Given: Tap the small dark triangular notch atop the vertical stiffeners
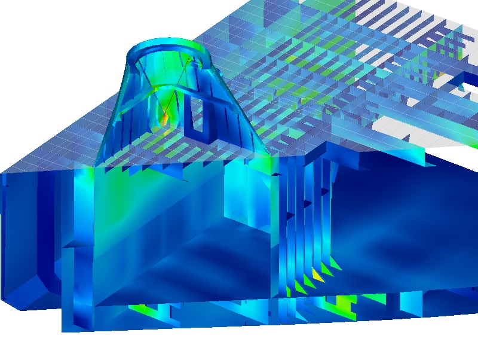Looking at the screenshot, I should [x=275, y=173].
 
